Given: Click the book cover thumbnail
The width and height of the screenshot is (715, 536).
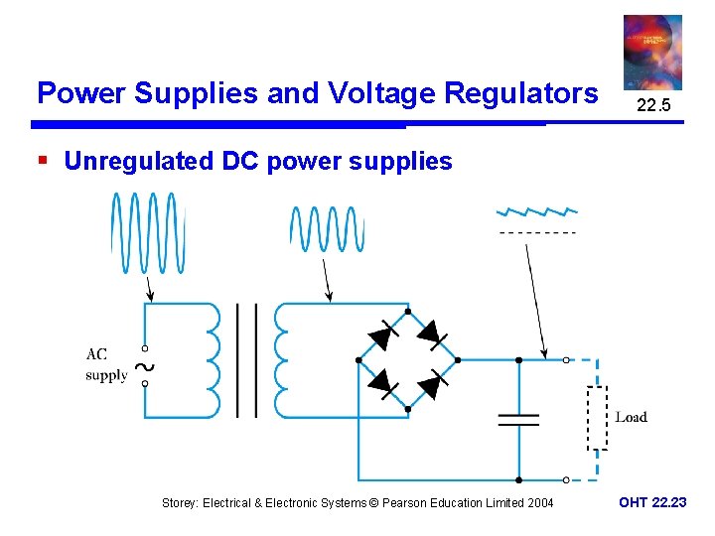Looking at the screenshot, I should coord(652,53).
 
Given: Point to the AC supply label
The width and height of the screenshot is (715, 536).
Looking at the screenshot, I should coord(105,364).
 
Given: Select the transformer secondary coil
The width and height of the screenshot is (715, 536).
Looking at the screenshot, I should coord(284,359).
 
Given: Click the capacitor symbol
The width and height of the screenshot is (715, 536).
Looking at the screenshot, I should coord(518,419).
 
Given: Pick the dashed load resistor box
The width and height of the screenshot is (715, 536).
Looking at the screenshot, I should coord(596,418).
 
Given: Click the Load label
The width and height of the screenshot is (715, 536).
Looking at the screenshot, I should coord(631,418).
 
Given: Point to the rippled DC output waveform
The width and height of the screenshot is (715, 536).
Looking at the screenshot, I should coord(536,212).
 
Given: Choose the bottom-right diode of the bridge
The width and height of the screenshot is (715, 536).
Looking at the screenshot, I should coord(433,383).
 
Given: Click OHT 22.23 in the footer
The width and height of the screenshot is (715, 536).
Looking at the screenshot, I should coord(651,503).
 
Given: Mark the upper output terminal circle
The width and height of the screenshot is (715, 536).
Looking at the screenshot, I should coord(566,360).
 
